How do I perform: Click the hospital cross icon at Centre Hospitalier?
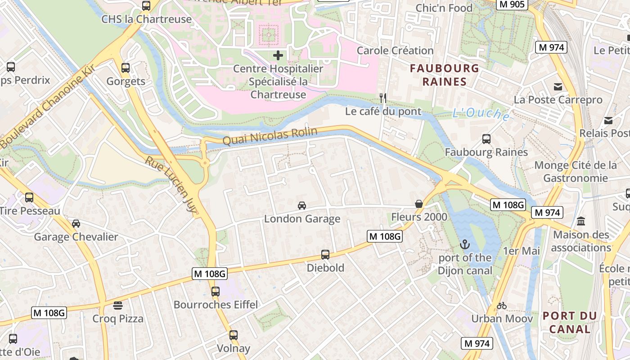pyautogui.click(x=278, y=55)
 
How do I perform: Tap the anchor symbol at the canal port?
pyautogui.click(x=465, y=244)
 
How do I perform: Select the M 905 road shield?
pyautogui.click(x=512, y=4)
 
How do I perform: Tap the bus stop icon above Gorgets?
pyautogui.click(x=126, y=68)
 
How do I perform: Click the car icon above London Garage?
pyautogui.click(x=302, y=206)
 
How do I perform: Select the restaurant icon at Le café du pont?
pyautogui.click(x=383, y=98)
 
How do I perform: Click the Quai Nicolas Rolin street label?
pyautogui.click(x=270, y=136)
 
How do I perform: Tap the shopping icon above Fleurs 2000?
pyautogui.click(x=419, y=204)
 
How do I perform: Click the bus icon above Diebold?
pyautogui.click(x=325, y=255)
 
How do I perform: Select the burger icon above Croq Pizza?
pyautogui.click(x=118, y=306)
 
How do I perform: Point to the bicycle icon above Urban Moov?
pyautogui.click(x=502, y=306)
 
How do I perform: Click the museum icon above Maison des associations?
pyautogui.click(x=581, y=221)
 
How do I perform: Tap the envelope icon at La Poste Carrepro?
pyautogui.click(x=558, y=87)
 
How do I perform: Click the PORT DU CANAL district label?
pyautogui.click(x=570, y=322)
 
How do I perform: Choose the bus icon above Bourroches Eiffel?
pyautogui.click(x=216, y=291)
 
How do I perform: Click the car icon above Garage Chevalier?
pyautogui.click(x=76, y=224)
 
